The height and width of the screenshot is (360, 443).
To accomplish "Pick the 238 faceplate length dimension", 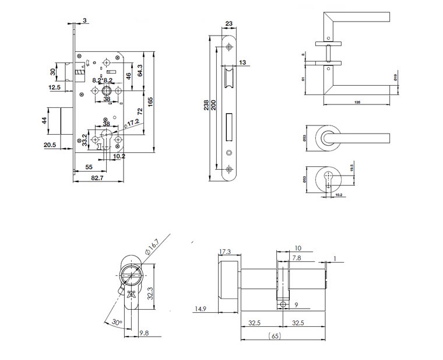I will click(206, 106).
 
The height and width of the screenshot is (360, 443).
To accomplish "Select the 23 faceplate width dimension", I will click(228, 24).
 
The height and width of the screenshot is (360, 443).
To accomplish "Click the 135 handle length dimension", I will click(356, 103).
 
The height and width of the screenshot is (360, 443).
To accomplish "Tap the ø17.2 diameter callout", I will click(132, 123).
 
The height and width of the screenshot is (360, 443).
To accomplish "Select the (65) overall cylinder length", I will click(275, 335).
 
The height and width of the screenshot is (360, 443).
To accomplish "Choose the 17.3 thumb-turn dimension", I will click(224, 251).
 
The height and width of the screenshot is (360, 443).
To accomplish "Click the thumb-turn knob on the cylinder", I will click(229, 281).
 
